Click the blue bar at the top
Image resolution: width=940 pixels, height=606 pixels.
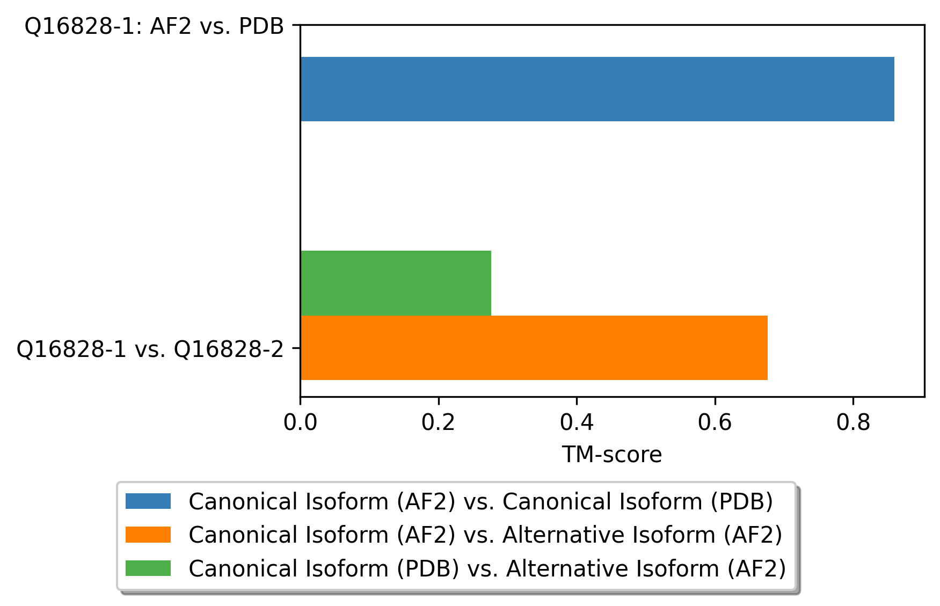point(597,89)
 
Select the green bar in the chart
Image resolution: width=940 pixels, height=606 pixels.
point(396,283)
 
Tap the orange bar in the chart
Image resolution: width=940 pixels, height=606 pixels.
point(534,348)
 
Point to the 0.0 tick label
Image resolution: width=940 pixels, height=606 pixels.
point(300,423)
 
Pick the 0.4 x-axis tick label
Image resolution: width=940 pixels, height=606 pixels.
point(577,423)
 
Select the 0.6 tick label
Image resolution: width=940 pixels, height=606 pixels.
point(715,423)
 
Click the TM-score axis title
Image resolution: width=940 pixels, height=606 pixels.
point(612,455)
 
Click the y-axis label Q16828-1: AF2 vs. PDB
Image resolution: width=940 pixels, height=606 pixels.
point(155,26)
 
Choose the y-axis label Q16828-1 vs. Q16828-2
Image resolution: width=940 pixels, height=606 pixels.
point(150,349)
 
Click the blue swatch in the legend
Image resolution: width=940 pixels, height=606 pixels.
point(148,501)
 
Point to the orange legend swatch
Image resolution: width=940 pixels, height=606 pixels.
point(148,535)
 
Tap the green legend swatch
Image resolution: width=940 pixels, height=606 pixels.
point(148,568)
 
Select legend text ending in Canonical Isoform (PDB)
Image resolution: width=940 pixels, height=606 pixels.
point(481,502)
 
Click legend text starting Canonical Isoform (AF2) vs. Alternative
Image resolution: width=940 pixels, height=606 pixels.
point(486,535)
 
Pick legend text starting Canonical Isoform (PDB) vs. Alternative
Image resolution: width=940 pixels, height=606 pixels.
point(487,568)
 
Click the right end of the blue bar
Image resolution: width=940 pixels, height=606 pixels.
point(894,89)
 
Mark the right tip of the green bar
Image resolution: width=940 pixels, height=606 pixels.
point(491,283)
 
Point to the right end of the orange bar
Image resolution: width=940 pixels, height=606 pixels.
point(768,348)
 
